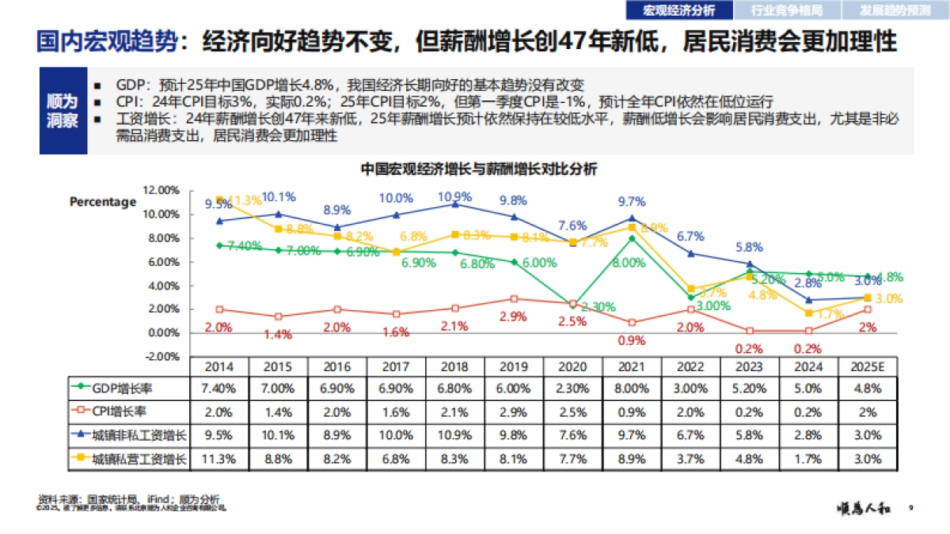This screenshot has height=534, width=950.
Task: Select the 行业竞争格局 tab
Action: pyautogui.click(x=786, y=10)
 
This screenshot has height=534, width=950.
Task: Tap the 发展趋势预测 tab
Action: pyautogui.click(x=896, y=10)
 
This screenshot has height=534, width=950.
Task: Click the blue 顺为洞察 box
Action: pyautogui.click(x=63, y=112)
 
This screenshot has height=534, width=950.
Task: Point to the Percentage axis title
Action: pyautogui.click(x=103, y=202)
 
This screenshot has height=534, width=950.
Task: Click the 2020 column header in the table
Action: pyautogui.click(x=573, y=367)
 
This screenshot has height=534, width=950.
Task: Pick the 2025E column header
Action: pyautogui.click(x=868, y=367)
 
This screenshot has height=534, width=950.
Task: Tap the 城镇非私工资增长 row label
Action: pyautogui.click(x=131, y=435)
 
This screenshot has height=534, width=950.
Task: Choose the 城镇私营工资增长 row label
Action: pyautogui.click(x=131, y=459)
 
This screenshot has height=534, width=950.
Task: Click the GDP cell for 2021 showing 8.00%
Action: pyautogui.click(x=632, y=388)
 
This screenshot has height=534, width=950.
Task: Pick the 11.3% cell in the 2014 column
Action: pyautogui.click(x=220, y=459)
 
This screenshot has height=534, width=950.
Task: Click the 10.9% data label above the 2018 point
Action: pyautogui.click(x=454, y=196)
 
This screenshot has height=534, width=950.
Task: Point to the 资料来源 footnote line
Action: pyautogui.click(x=128, y=499)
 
